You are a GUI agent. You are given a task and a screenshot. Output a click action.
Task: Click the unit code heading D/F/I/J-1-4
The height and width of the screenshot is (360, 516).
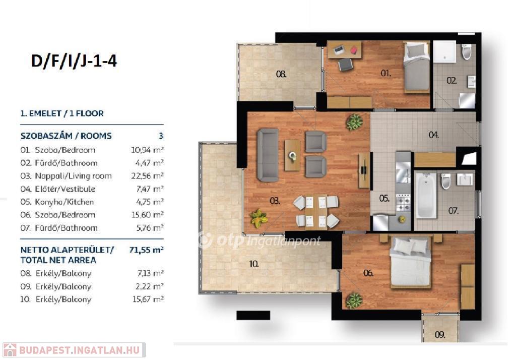(x=74, y=61)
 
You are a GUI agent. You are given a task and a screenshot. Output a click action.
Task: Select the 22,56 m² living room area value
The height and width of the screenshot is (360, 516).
(x=148, y=176)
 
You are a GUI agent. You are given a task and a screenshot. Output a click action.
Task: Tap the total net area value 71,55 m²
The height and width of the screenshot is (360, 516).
(x=147, y=250)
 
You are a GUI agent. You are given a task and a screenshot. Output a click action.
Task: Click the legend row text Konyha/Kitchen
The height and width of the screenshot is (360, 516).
(x=64, y=202)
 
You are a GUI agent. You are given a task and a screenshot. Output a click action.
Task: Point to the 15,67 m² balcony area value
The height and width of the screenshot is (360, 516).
(x=148, y=299)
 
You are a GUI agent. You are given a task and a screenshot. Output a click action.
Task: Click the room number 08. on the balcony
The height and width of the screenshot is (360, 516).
(x=281, y=74)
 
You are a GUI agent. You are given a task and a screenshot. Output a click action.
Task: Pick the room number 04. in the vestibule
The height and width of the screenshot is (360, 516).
(x=433, y=135)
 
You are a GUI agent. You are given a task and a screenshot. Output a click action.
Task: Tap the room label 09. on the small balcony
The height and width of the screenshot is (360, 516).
(x=440, y=335)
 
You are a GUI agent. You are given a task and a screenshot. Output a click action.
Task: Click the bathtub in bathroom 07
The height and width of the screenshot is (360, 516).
(x=426, y=196)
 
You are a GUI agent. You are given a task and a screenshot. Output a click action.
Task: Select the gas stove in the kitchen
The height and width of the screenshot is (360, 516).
(x=403, y=203)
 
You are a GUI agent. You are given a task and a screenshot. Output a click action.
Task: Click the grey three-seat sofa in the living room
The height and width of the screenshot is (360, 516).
(x=268, y=155)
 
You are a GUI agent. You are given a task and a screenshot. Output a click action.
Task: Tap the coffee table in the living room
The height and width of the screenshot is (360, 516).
(x=292, y=155)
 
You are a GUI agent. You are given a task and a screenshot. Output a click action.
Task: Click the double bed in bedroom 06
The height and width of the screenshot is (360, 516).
(x=410, y=263)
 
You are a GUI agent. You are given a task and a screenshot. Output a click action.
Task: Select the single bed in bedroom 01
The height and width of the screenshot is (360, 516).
(x=416, y=67)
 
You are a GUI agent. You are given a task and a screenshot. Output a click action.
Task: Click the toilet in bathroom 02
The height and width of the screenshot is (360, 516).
(x=466, y=52)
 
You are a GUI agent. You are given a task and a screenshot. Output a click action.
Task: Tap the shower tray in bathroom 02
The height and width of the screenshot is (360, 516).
(x=444, y=52)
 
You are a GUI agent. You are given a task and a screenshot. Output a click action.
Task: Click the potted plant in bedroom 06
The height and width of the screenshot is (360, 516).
(x=354, y=301)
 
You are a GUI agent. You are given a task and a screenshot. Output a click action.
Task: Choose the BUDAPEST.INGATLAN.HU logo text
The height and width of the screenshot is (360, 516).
(x=80, y=350)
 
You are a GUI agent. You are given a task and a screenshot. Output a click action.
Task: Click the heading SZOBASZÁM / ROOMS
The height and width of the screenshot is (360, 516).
(x=66, y=136)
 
